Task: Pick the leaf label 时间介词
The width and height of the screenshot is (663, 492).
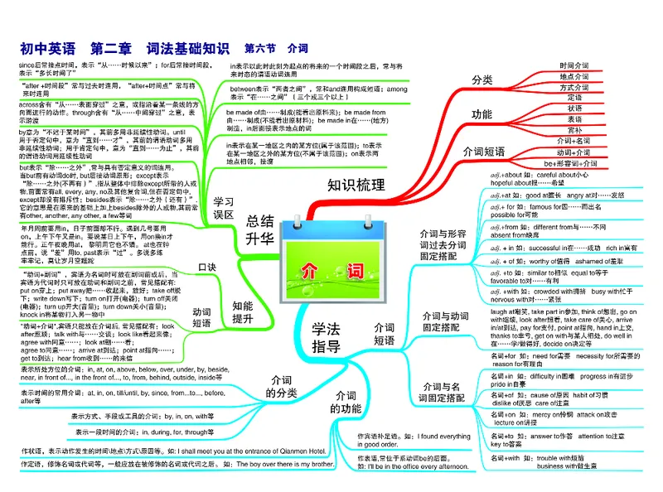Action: tap(574, 64)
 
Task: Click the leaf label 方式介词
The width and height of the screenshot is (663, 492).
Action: tap(574, 87)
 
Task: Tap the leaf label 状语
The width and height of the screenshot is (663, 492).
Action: tap(574, 109)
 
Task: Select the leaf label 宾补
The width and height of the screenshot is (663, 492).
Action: tap(574, 130)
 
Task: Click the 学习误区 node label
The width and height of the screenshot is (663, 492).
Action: tap(222, 208)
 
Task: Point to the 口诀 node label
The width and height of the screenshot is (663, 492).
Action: tap(207, 267)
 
